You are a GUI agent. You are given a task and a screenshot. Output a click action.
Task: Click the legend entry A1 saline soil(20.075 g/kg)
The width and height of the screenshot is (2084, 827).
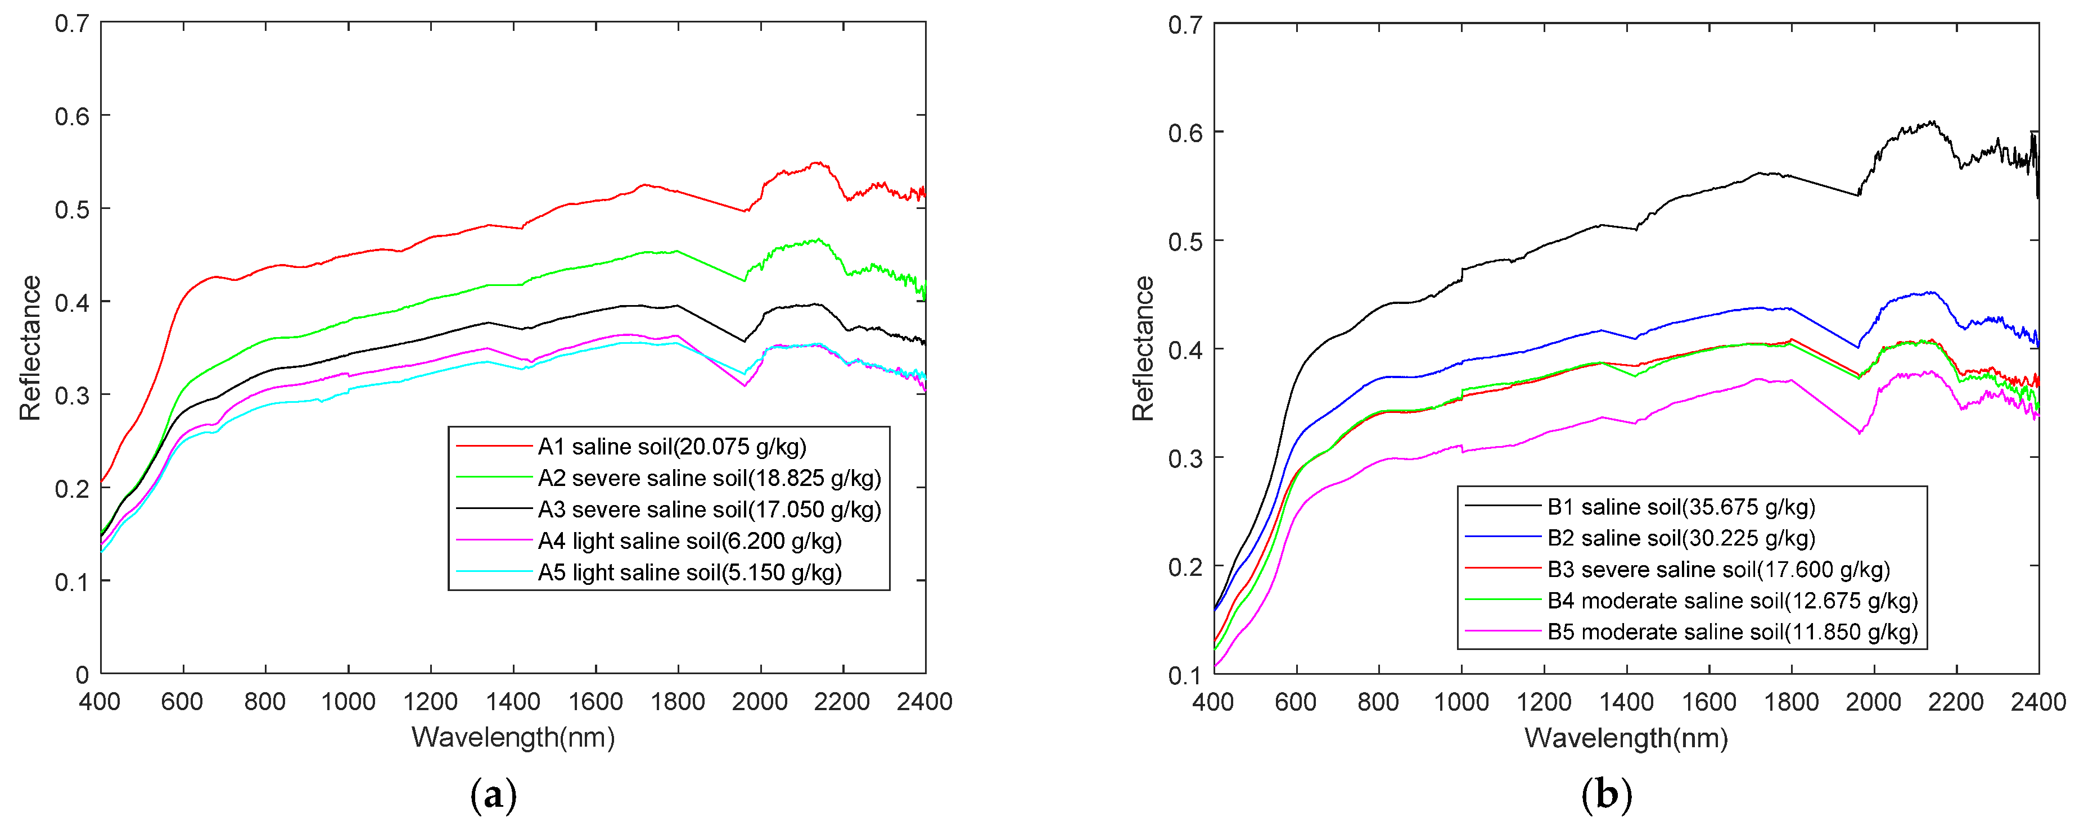tap(671, 446)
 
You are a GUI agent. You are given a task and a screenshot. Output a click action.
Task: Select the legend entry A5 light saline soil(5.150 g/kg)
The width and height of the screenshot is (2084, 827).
tap(689, 572)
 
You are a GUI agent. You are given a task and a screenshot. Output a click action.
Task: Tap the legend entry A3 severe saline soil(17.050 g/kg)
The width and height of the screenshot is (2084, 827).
tap(709, 510)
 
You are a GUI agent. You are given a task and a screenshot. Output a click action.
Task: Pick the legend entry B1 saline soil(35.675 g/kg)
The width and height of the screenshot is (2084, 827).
tap(1681, 507)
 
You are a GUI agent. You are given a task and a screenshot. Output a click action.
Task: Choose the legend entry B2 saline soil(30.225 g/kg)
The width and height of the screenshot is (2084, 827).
tap(1681, 538)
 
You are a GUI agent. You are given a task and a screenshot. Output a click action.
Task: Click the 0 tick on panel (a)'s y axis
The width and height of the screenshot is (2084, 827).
tap(82, 674)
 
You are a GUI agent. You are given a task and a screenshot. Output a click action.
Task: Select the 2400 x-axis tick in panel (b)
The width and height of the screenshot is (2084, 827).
tap(2038, 702)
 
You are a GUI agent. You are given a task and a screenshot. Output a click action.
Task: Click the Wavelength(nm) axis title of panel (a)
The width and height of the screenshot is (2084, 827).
tap(513, 737)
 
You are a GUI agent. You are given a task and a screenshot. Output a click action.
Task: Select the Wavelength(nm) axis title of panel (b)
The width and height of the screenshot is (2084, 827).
tap(1626, 737)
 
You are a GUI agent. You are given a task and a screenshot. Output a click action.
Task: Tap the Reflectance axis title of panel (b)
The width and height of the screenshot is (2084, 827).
tap(1142, 348)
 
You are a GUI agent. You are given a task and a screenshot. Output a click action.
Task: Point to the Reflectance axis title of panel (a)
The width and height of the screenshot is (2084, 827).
tap(30, 348)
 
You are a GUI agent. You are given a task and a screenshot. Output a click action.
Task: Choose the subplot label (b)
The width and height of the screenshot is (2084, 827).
tap(1606, 796)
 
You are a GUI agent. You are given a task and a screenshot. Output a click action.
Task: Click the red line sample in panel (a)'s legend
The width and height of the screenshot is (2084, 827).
tap(494, 446)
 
